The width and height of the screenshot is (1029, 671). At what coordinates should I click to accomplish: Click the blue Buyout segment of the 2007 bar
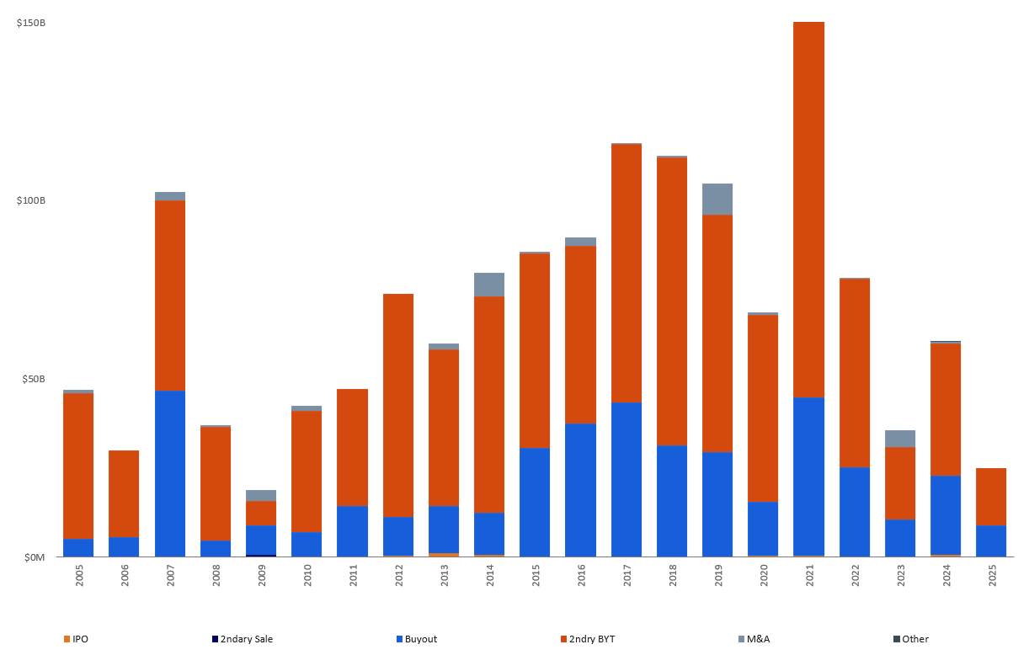170,473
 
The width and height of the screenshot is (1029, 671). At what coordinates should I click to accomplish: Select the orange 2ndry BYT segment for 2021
808,209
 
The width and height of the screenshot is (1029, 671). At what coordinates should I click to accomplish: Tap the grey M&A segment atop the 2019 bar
717,199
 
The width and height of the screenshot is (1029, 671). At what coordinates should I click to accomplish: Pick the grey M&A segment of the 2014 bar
489,285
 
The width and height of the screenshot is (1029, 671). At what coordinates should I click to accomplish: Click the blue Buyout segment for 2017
626,479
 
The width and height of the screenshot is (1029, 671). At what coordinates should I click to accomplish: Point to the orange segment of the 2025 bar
991,496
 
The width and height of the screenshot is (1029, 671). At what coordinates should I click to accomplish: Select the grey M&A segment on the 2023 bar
900,438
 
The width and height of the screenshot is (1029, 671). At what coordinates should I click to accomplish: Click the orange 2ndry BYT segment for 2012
398,404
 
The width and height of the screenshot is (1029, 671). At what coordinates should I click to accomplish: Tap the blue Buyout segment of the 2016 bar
580,489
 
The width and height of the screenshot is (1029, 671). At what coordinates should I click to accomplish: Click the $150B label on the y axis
31,22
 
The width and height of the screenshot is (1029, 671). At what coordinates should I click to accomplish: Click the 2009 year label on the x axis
262,576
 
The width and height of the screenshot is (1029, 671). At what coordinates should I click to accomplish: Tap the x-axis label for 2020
764,576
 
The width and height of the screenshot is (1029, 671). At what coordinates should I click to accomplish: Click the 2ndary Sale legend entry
243,639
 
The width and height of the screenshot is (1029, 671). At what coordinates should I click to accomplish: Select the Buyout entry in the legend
417,639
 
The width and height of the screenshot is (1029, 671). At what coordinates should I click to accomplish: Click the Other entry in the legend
911,639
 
